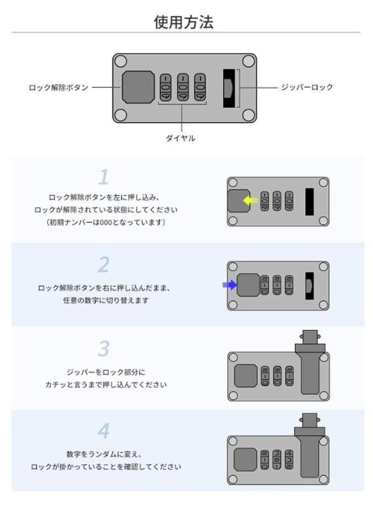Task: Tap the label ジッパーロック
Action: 307,87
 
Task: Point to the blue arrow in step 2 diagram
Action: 228,285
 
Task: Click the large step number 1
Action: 103,177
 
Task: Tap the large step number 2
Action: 103,264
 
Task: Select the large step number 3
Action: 103,348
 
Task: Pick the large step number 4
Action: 103,431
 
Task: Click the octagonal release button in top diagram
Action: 138,87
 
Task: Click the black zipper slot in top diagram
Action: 229,88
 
